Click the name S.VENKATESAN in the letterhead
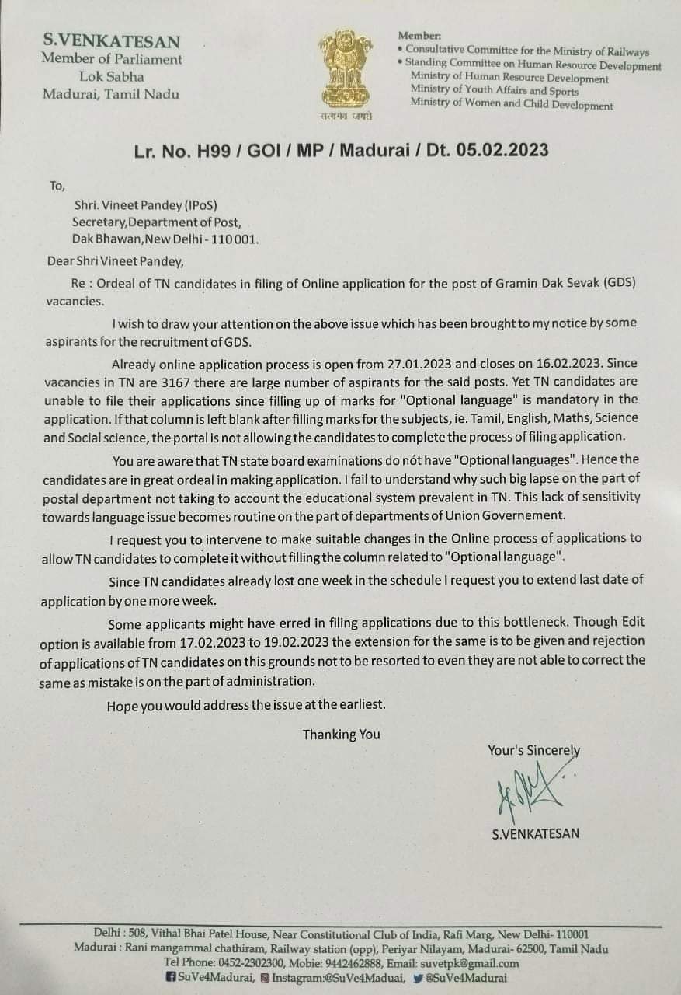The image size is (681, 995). [111, 41]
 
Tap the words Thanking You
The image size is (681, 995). [342, 735]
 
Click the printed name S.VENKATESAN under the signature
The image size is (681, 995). [535, 835]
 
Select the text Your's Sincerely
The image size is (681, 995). [533, 750]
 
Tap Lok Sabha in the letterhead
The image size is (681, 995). [111, 76]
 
